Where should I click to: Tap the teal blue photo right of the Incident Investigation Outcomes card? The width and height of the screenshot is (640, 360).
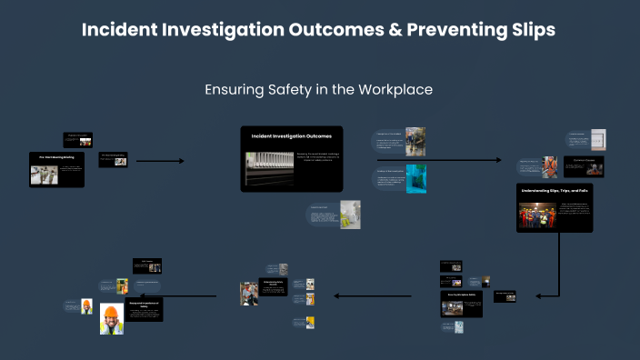point(415,178)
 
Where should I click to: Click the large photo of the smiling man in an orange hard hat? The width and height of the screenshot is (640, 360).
point(111,319)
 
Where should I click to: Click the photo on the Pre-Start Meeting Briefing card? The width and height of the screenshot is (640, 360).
point(44,175)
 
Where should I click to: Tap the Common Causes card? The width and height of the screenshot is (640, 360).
point(582,165)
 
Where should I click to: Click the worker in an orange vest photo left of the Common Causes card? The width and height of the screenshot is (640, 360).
point(550,167)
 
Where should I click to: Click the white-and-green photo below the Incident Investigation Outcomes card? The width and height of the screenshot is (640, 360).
point(349,215)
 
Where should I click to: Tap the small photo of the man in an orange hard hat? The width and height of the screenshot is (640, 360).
point(87,306)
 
